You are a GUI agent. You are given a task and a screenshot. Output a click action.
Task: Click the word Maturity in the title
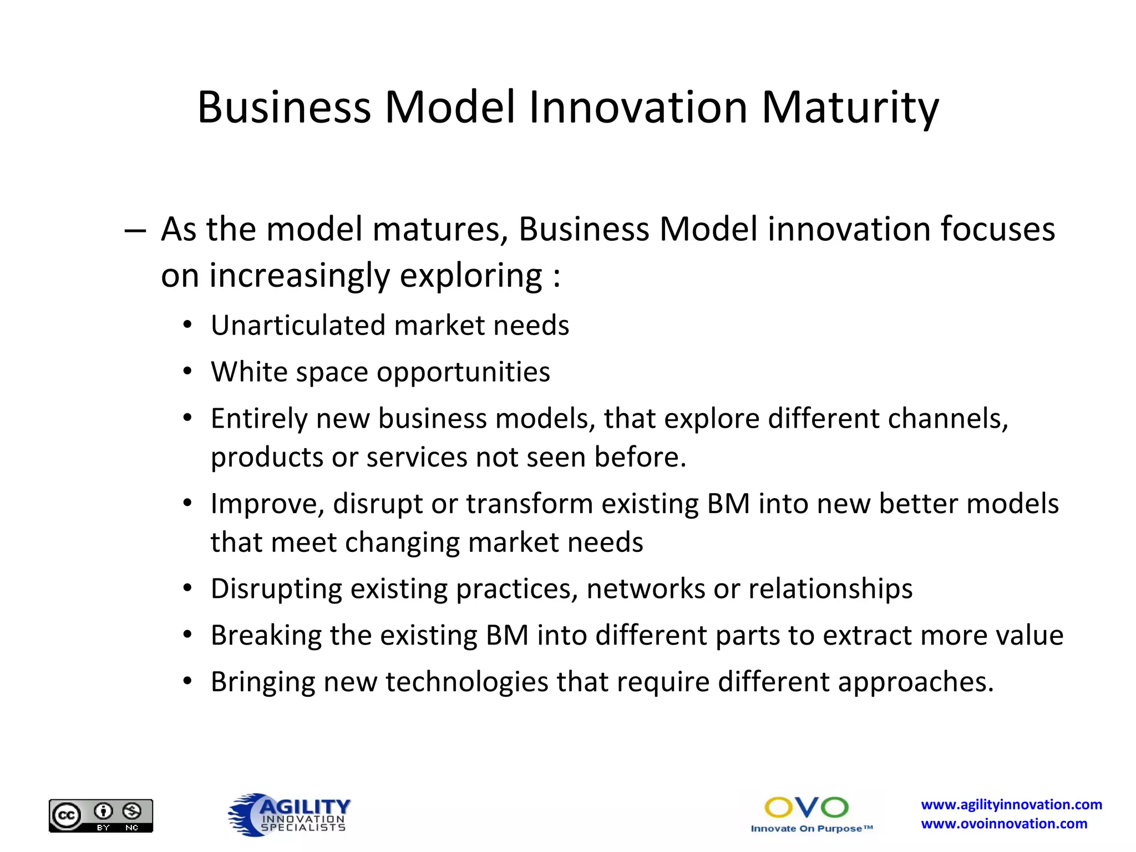(x=850, y=108)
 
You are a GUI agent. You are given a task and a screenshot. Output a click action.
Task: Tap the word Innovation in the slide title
(x=638, y=108)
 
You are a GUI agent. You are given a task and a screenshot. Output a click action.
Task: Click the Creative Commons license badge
(x=101, y=815)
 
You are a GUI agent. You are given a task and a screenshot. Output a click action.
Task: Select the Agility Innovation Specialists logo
(x=290, y=814)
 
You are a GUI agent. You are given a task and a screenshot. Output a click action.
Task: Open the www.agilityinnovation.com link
(x=1011, y=804)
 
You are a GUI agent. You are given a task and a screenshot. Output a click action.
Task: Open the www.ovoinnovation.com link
(x=1004, y=824)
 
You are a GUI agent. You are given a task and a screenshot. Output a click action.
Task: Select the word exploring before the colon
(x=470, y=276)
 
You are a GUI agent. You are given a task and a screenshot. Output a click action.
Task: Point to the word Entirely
(x=258, y=419)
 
